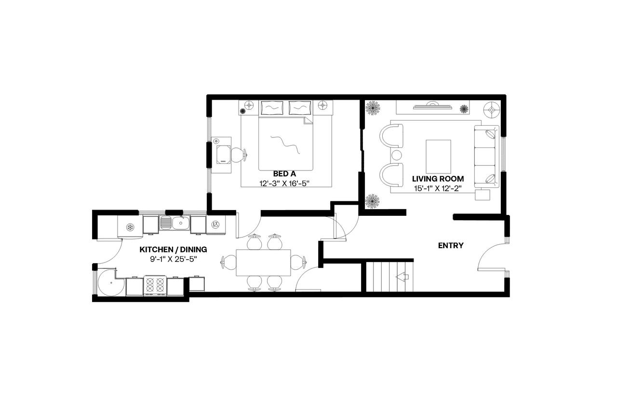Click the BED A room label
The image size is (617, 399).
click(284, 173)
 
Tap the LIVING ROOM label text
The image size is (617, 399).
click(438, 179)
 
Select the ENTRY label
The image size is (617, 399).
click(450, 245)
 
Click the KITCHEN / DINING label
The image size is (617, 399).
click(173, 250)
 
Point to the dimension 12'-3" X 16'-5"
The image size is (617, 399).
click(284, 183)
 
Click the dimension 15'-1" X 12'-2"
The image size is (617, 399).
click(438, 188)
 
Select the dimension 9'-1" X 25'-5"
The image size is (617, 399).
click(173, 259)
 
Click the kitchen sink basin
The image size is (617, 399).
click(181, 223)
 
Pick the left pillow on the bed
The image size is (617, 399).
click(272, 107)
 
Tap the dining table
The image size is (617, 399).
click(263, 263)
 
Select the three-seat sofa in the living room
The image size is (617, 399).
click(486, 157)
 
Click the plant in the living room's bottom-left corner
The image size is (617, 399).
click(372, 200)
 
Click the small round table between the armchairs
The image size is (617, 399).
click(396, 155)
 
